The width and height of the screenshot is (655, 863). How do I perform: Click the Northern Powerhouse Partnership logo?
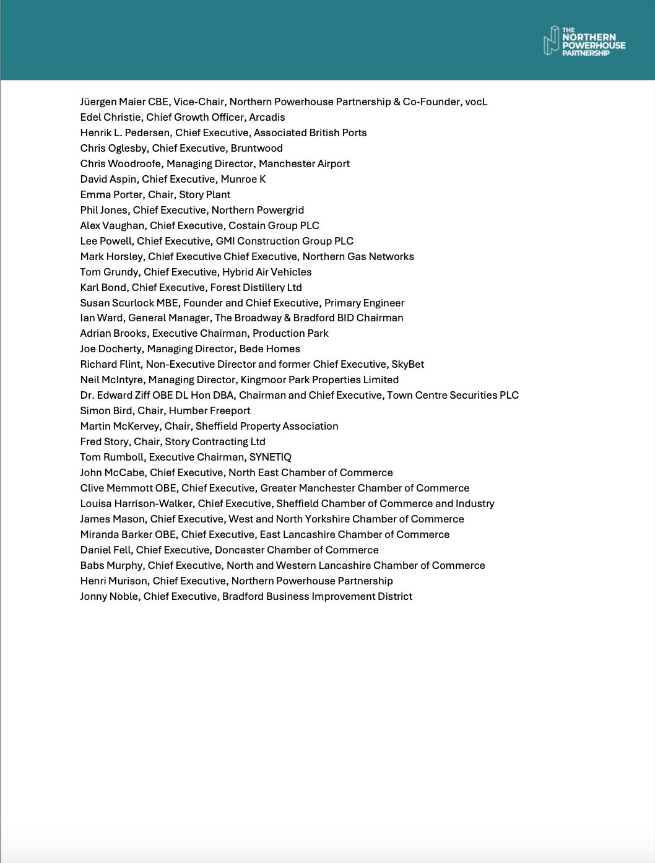click(x=584, y=41)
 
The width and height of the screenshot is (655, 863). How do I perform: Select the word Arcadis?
click(x=267, y=117)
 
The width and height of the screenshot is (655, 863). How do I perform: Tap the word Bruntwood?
click(x=256, y=148)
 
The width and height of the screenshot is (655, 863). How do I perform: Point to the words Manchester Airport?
click(x=304, y=163)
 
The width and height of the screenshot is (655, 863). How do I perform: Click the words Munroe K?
click(x=243, y=179)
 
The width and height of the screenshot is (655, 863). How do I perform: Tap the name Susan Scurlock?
click(x=116, y=303)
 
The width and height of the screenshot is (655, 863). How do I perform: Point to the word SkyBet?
click(x=407, y=364)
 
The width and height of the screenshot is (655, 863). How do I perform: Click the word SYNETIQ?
click(x=270, y=457)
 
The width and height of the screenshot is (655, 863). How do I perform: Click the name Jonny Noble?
click(x=109, y=596)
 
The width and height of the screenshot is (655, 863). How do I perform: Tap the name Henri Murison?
click(x=114, y=581)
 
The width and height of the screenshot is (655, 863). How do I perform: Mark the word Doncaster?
click(x=239, y=550)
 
